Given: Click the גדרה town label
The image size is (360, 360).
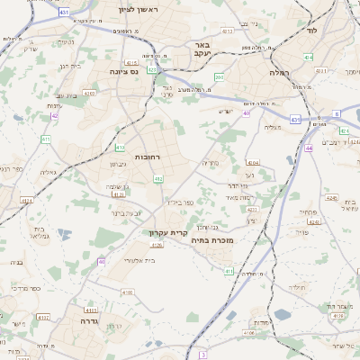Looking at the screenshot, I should coord(87,320).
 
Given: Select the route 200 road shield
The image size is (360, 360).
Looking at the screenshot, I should coord(219,78).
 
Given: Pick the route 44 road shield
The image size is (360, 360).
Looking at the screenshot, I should coord(309,147).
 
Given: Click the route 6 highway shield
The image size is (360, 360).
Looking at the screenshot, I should coord(336,114).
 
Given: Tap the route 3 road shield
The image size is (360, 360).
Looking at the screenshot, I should coord(203,355).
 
